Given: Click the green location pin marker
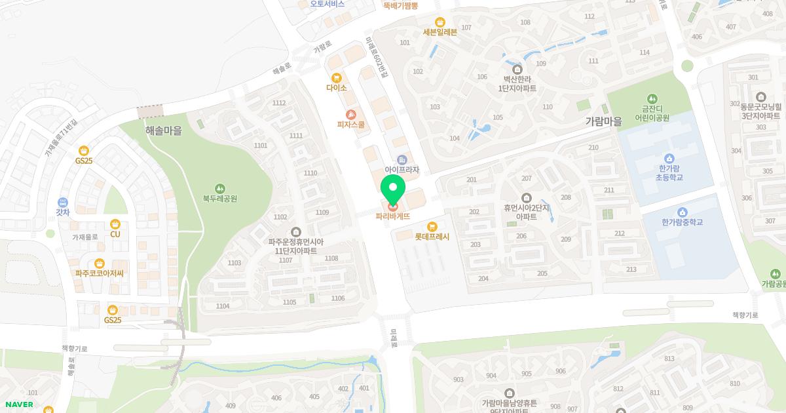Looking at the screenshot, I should (393, 190).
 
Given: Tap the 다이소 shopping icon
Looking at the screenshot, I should (337, 78).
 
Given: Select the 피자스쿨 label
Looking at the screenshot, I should (351, 125).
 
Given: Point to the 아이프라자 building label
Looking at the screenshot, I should (402, 170).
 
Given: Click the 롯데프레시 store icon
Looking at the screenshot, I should (432, 226).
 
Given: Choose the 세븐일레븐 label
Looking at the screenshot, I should (440, 32).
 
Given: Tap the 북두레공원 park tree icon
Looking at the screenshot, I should (220, 188).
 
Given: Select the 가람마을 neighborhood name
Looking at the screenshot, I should (603, 121).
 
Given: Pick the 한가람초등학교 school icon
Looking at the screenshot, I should (669, 159).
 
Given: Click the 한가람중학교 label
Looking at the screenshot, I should (682, 222).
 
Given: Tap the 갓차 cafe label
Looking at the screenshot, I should (63, 212).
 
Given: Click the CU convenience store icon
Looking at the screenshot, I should (115, 224).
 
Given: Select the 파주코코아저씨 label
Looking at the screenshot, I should (100, 273).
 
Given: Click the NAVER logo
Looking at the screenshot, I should (18, 404).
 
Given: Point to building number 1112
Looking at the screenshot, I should (279, 103).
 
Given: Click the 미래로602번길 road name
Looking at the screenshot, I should (376, 58).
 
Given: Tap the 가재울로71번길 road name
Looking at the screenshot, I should (61, 138).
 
